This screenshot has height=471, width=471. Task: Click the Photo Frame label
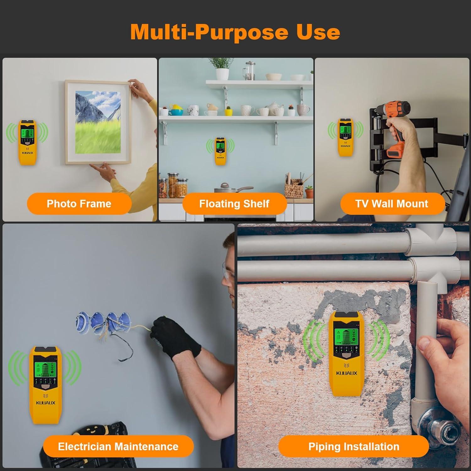(79, 203)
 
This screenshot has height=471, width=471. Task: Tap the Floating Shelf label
(234, 203)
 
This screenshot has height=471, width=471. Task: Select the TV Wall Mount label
(392, 203)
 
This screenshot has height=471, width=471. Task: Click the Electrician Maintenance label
(118, 446)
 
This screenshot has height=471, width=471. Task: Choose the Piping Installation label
(354, 446)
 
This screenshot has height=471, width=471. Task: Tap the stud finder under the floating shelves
(220, 151)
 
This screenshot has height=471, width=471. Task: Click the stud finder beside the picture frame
(28, 142)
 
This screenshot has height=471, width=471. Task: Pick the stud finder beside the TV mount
(345, 137)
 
